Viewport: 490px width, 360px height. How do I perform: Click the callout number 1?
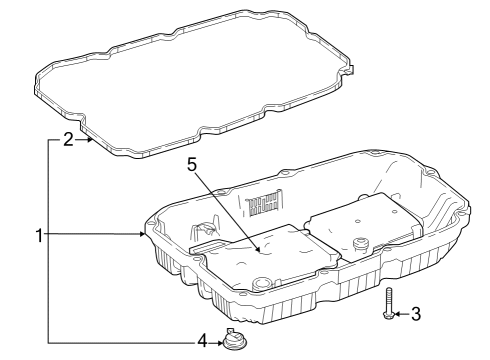tap(39, 235)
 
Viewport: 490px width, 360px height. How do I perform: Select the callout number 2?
tap(68, 139)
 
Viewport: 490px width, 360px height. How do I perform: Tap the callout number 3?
tap(416, 314)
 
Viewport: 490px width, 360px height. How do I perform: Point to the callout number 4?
tap(203, 342)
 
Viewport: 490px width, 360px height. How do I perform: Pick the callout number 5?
tap(192, 164)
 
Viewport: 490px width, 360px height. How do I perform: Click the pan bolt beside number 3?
tap(389, 303)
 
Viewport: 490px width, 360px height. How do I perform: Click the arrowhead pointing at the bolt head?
tap(397, 314)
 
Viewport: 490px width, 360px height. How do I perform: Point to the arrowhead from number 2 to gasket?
tap(89, 140)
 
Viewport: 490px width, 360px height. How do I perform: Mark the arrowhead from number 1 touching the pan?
tap(143, 234)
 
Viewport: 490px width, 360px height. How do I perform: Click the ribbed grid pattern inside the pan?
tap(265, 204)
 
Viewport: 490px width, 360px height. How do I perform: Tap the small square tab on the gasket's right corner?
tap(350, 71)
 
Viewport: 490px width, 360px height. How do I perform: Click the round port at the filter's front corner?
tap(261, 284)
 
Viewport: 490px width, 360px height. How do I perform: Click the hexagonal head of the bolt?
tap(389, 315)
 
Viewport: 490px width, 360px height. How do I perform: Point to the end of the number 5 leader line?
tap(259, 249)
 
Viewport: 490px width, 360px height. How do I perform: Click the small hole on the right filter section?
tap(357, 221)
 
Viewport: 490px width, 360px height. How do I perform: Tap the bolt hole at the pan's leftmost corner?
tap(152, 223)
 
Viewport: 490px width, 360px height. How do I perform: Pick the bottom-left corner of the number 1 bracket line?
tap(49, 343)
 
